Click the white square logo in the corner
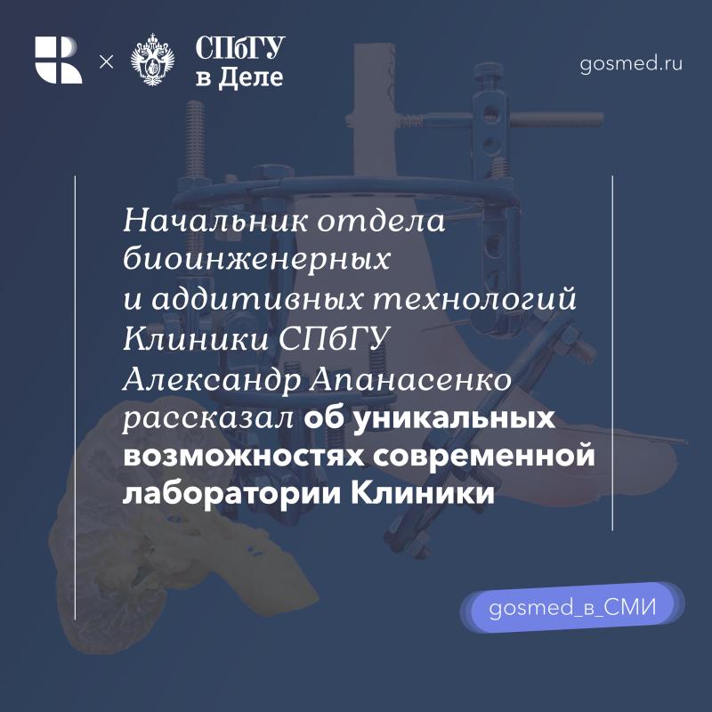click(59, 61)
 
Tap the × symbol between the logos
click(106, 61)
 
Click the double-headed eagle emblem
click(153, 61)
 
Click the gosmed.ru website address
click(632, 63)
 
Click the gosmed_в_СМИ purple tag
click(572, 610)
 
